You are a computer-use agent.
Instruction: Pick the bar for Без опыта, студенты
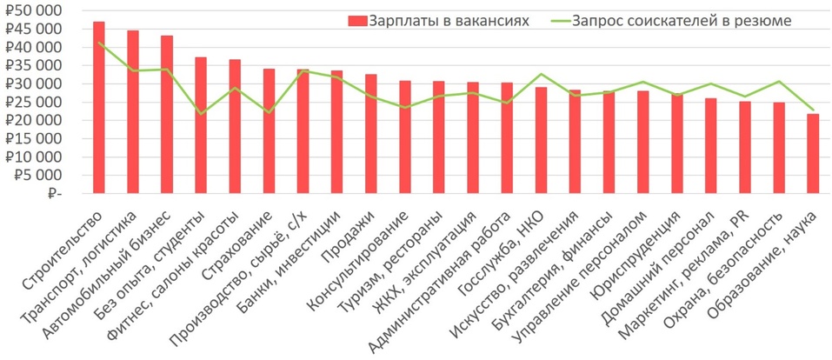(201, 125)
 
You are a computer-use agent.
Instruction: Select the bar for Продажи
(370, 134)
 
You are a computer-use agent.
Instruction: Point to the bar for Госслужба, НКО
(541, 140)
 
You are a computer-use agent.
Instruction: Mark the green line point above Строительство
(99, 43)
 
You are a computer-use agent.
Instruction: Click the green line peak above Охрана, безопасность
(779, 82)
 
